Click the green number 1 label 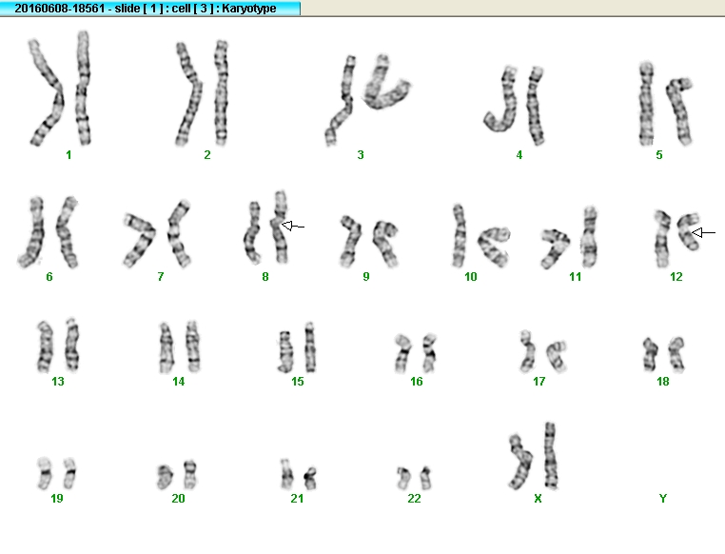69,155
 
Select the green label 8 265,277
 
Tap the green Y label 663,498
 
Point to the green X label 538,498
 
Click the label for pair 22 414,498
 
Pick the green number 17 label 539,381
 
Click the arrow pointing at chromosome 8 293,227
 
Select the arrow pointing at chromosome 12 703,232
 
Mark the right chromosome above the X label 550,456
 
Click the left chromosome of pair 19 45,473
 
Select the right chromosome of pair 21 310,478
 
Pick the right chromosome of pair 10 493,247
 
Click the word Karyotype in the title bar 248,9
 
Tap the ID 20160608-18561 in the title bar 60,9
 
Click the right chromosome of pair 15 310,347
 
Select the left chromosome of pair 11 555,247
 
